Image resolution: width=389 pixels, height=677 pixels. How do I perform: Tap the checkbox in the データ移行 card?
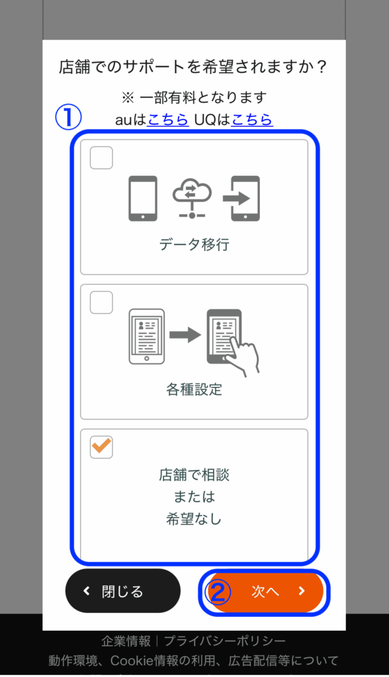[101, 157]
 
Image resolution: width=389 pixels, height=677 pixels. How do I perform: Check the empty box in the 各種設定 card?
[101, 302]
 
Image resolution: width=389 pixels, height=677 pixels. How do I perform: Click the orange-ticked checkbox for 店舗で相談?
[101, 447]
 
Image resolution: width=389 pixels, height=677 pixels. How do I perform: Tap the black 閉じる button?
[123, 590]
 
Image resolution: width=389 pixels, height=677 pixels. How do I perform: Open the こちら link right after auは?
[167, 120]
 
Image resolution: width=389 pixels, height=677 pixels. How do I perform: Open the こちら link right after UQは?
[252, 120]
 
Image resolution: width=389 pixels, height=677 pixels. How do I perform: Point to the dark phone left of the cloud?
[143, 198]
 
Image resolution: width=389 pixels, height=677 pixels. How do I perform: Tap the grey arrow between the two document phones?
[185, 335]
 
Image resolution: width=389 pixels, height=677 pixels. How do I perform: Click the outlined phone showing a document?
[146, 337]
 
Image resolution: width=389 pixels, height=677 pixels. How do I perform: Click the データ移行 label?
[194, 245]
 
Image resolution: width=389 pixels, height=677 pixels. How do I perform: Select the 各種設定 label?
[194, 389]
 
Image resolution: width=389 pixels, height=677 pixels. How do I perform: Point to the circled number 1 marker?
[68, 118]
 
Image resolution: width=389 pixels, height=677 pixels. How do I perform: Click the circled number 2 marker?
[218, 592]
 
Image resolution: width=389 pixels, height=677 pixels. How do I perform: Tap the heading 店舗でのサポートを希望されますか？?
[193, 67]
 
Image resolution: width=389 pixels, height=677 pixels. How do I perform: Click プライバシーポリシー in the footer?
[225, 641]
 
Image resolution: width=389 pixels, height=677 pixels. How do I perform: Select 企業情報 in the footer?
[126, 641]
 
